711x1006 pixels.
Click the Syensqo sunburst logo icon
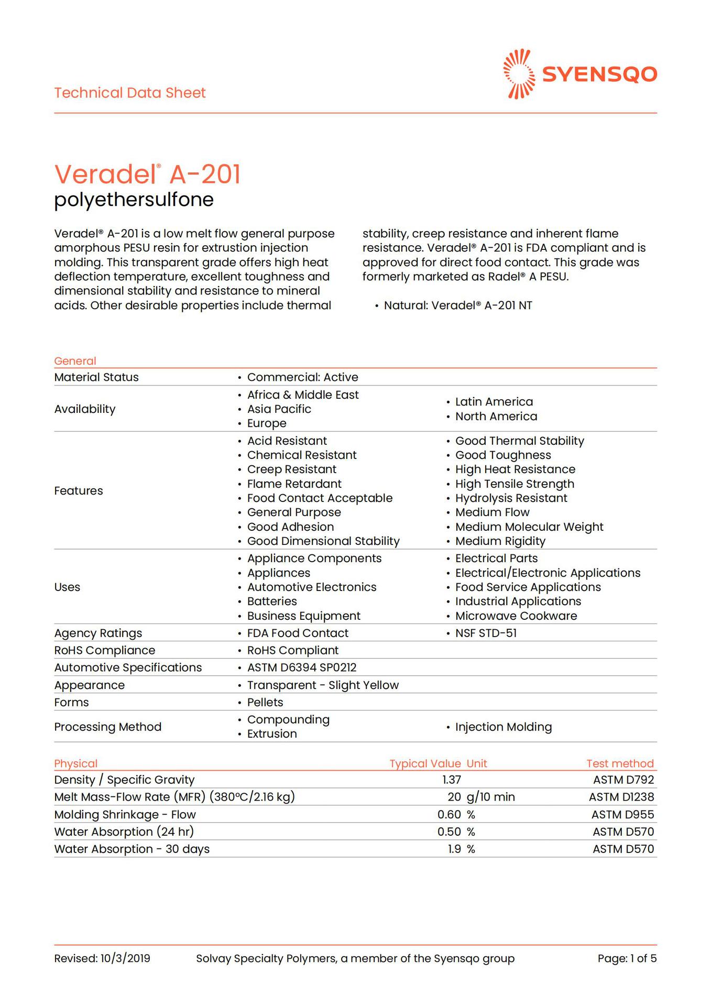coord(519,74)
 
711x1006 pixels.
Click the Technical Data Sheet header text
coord(130,93)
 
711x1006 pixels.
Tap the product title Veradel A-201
coord(147,174)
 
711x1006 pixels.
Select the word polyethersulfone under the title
coord(134,200)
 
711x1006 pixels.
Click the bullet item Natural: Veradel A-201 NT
coord(457,305)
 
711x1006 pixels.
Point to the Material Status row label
coord(96,377)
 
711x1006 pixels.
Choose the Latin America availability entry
coord(494,402)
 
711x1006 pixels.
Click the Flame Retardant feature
coord(294,484)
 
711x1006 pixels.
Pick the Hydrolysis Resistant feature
coord(511,498)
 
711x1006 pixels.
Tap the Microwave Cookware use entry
coord(516,616)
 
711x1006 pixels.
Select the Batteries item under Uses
coord(272,602)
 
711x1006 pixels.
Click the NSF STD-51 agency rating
coord(486,633)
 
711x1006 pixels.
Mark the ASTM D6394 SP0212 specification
coord(301,668)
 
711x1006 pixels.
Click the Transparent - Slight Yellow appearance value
coord(323,685)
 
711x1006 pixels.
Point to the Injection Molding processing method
coord(503,727)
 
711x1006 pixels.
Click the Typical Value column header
coord(425,763)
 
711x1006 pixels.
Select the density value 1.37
coord(451,780)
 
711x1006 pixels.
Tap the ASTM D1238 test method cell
coord(621,797)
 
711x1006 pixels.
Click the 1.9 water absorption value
coord(454,849)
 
